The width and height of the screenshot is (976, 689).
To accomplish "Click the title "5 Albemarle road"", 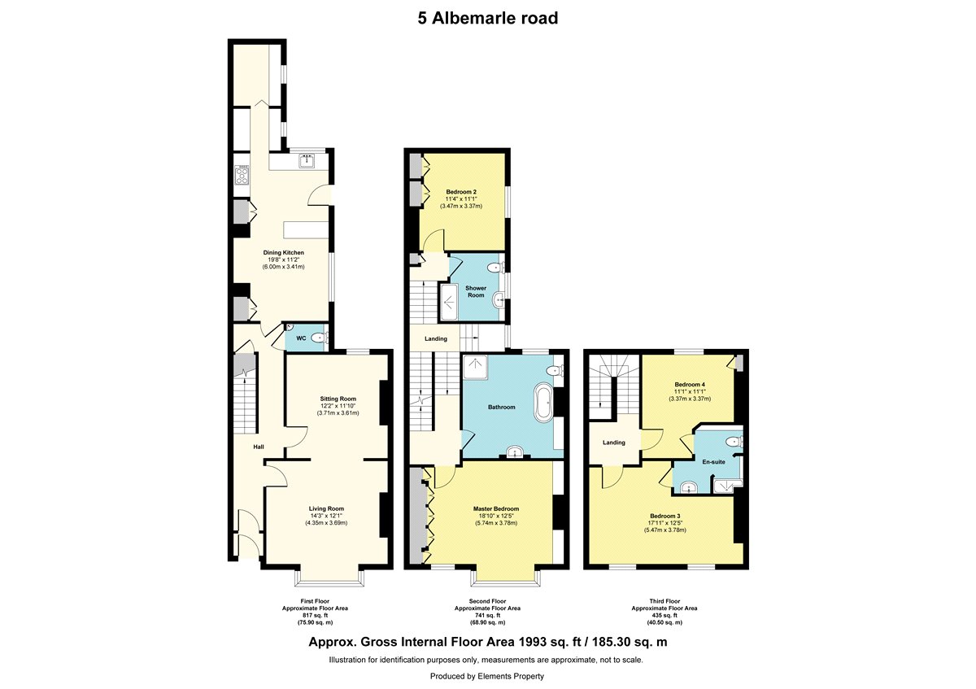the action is click(487, 19).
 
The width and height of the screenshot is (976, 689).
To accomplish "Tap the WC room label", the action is click(301, 338).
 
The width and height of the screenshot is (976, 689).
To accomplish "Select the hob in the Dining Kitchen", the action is click(242, 175).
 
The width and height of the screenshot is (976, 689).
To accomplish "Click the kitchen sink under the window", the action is click(307, 161).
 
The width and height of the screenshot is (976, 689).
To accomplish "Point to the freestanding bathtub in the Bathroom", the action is click(543, 402).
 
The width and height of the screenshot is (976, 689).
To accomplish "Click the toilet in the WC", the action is click(320, 337).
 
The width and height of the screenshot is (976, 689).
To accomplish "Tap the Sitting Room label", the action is click(338, 399).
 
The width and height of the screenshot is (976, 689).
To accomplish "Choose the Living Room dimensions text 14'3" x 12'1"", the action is click(326, 516).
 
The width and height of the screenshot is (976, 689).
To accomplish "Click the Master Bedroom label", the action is click(496, 508).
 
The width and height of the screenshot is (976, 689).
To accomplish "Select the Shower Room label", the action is click(476, 291).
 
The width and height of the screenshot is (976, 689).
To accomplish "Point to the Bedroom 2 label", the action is click(461, 192).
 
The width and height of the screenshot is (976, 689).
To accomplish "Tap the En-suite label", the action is click(714, 462).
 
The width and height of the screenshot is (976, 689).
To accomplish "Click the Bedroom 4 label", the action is click(690, 385).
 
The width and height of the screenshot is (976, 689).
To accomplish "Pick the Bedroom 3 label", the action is click(665, 516).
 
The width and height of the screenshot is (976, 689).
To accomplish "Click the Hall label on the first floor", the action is click(259, 447).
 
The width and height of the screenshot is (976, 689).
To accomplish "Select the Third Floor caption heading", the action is click(664, 601).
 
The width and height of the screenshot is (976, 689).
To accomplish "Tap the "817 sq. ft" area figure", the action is click(315, 615).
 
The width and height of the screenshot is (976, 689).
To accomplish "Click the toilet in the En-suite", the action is click(735, 442).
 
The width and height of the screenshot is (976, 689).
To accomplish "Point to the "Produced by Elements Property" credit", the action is click(487, 676).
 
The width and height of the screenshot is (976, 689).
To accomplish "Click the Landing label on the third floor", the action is click(614, 443).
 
